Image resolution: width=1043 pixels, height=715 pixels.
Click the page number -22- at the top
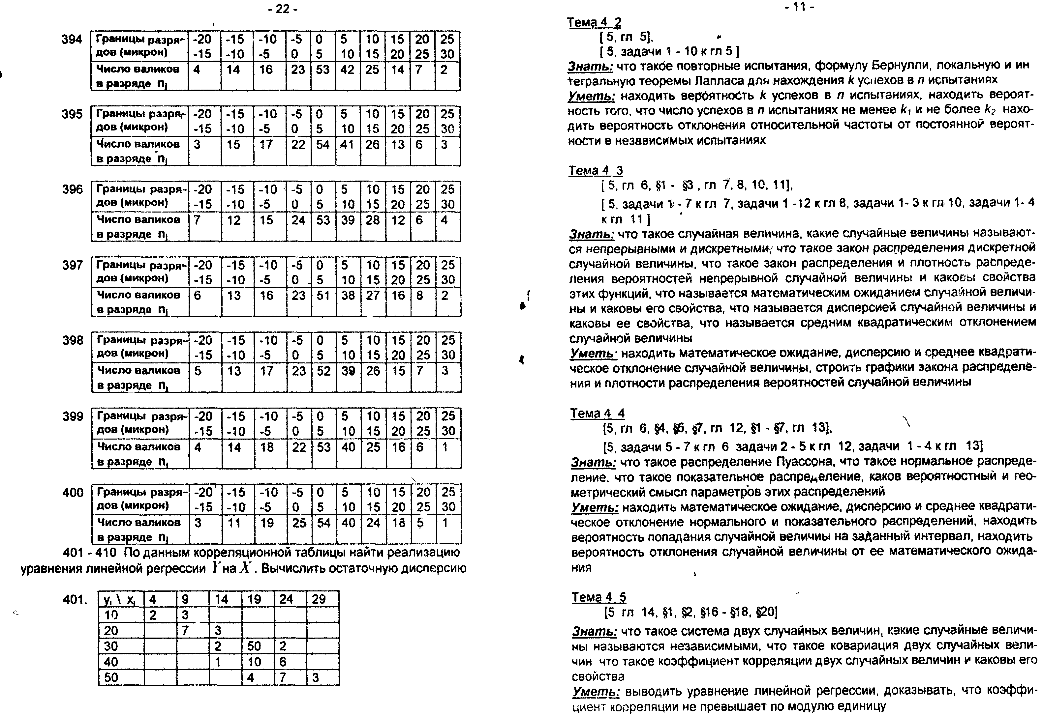pos(282,9)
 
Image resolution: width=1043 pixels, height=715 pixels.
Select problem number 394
pos(72,40)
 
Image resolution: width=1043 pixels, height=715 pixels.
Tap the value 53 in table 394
pos(322,70)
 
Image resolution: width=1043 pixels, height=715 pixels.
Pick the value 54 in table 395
pos(323,144)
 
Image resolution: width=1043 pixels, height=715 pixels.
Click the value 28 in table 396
pos(373,220)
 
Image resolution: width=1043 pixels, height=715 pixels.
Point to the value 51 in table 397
pos(323,295)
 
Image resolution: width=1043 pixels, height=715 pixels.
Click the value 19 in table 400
pos(267,523)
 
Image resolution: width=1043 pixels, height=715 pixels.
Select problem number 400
pos(73,493)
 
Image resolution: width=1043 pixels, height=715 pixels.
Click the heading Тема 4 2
pos(594,22)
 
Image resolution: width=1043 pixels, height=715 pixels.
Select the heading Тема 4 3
pos(596,170)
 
